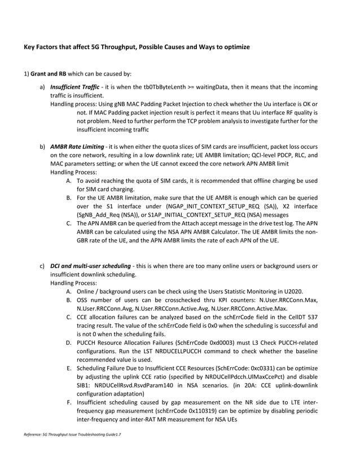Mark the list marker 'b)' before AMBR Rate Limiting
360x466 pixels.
[42, 147]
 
